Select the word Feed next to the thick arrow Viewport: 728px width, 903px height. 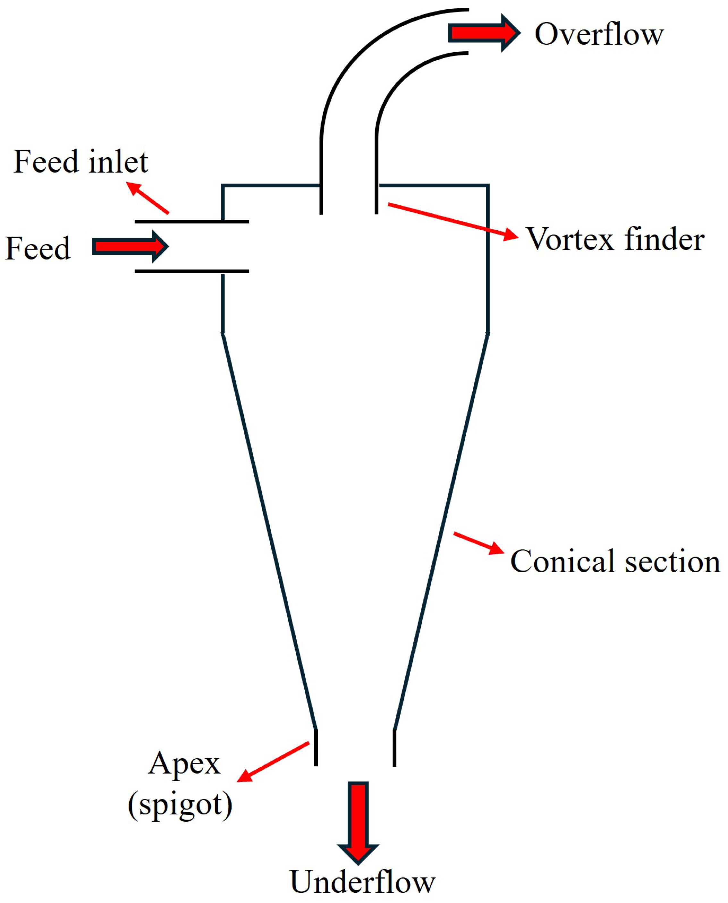point(38,248)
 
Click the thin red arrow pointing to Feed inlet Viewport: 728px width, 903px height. point(148,198)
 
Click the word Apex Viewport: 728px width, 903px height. point(184,763)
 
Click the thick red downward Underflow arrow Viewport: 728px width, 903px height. point(358,821)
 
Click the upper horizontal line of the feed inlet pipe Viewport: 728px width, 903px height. point(192,221)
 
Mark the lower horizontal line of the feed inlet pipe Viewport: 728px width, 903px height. point(192,271)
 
